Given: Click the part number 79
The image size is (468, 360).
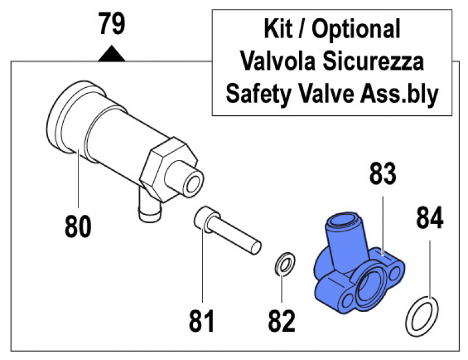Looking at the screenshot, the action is click(112, 23).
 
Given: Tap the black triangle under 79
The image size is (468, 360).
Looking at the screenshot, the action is click(112, 53).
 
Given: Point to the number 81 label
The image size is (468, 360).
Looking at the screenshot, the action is click(202, 321).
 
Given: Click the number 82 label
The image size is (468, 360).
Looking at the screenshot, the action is click(282, 321).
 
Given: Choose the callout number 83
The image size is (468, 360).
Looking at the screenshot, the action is click(383, 173).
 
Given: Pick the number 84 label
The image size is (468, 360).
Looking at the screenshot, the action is click(430, 218).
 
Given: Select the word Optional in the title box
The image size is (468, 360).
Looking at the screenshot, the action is click(356, 30).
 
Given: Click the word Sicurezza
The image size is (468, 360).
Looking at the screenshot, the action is click(373, 61).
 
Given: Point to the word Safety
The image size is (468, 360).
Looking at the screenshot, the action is click(259, 94).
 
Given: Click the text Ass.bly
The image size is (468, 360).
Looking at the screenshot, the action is click(400, 94).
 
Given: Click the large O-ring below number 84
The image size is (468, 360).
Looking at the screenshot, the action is click(422, 317).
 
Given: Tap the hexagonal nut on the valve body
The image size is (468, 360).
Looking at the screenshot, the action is click(168, 170).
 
